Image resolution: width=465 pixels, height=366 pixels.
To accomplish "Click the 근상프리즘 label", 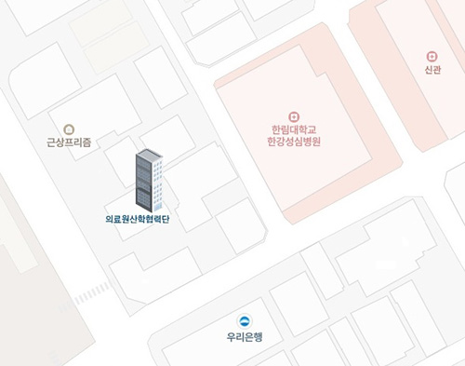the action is click(69, 143).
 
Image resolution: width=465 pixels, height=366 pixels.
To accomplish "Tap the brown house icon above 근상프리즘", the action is click(69, 129).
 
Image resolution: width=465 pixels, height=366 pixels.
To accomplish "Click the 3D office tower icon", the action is click(149, 180).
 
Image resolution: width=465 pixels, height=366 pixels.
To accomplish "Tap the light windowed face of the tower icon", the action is click(159, 186).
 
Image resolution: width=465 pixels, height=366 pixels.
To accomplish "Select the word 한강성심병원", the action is click(293, 142).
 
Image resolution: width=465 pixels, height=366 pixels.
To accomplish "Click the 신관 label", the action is click(432, 71).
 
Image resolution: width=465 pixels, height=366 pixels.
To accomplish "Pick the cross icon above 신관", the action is click(432, 57).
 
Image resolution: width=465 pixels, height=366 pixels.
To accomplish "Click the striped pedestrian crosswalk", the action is click(91, 293).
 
